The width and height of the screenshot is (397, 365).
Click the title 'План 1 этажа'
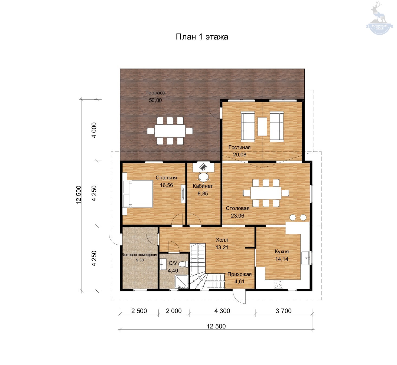(202, 37)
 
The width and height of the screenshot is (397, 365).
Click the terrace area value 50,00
(155, 100)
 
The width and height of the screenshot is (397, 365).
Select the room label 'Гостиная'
(239, 147)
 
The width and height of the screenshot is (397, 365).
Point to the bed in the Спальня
(138, 194)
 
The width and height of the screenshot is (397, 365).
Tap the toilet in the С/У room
(183, 264)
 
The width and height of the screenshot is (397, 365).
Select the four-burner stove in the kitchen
(278, 284)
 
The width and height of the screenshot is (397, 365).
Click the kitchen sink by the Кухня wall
(305, 258)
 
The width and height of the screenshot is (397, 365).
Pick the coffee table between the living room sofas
(262, 126)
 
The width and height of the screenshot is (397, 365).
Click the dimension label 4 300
(222, 311)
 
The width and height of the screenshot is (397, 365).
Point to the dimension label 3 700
(284, 311)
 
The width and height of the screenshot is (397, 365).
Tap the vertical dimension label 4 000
(94, 130)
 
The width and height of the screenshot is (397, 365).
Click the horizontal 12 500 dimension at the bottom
(216, 326)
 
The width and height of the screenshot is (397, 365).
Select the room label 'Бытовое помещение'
(140, 255)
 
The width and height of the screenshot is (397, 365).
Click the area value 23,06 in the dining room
(237, 216)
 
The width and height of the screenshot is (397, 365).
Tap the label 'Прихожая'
(239, 274)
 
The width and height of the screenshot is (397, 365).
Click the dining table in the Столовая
(266, 193)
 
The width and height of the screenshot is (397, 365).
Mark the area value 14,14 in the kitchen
(282, 259)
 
